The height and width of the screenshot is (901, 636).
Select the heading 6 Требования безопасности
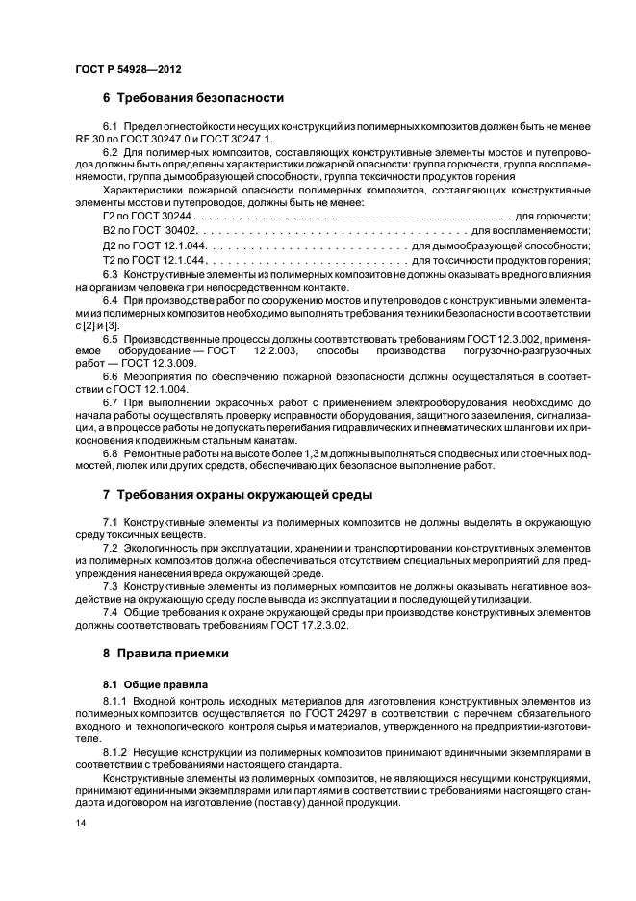[x=191, y=98]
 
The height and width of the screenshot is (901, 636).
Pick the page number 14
[x=80, y=824]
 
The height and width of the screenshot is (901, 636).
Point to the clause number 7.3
[x=110, y=585]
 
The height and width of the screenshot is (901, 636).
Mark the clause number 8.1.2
[x=113, y=749]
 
